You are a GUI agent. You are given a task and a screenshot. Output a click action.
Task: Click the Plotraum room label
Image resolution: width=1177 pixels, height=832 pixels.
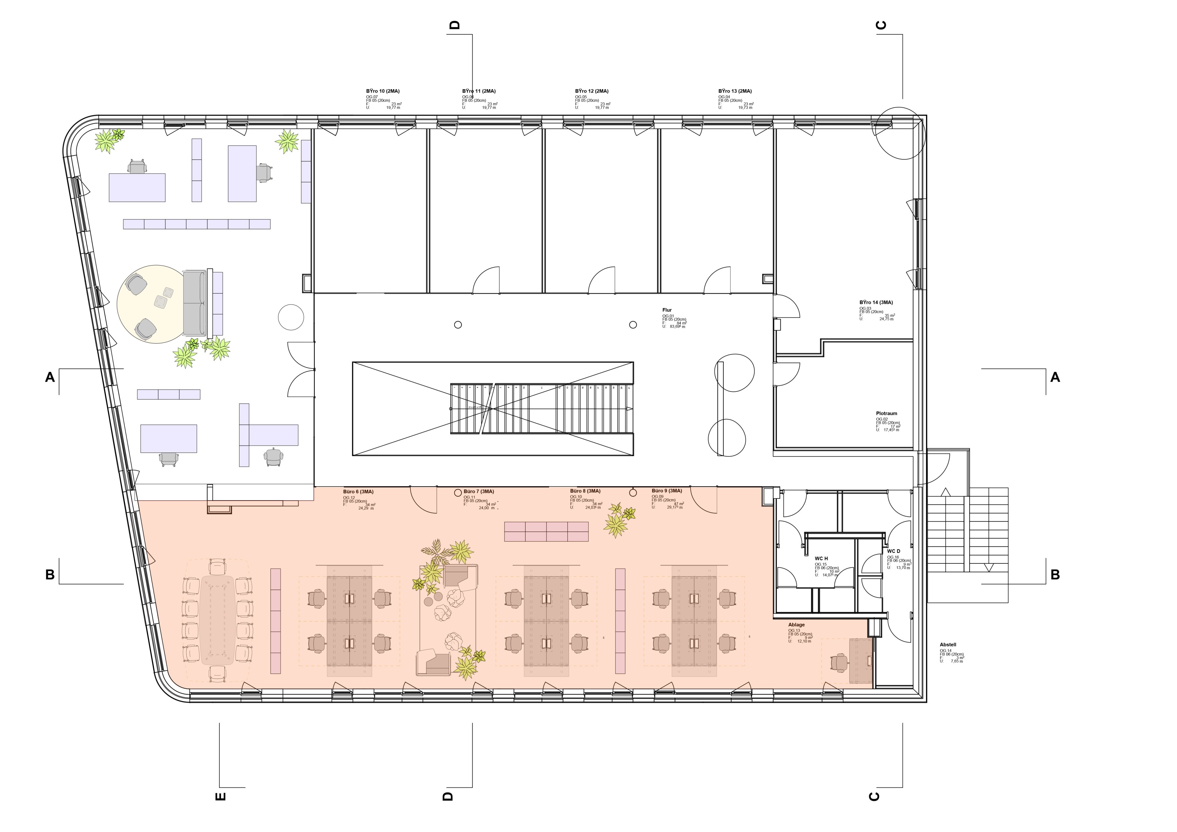point(886,413)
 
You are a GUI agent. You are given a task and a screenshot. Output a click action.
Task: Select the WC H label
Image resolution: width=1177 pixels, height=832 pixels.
point(821,558)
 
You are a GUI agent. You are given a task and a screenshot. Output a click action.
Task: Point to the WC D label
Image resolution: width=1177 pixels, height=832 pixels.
point(893,551)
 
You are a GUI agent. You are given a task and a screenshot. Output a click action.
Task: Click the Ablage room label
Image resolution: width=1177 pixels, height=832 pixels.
point(796,625)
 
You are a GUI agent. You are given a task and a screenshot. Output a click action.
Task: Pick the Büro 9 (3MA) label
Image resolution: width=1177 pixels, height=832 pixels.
point(667,490)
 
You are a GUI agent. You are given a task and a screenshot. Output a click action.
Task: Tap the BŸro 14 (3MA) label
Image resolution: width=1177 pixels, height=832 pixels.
point(876,303)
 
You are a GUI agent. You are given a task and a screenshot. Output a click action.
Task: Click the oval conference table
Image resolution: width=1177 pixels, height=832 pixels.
point(217,620)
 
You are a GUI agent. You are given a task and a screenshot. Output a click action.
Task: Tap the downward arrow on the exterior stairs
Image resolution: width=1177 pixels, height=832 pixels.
point(989,567)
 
